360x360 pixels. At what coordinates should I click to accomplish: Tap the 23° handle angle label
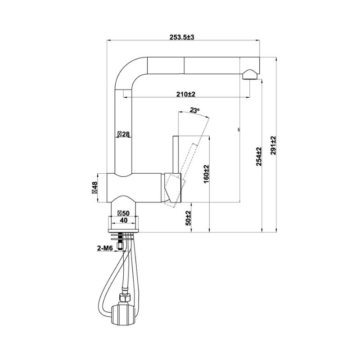pos(194,110)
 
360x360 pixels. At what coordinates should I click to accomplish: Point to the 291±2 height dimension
pos(273,145)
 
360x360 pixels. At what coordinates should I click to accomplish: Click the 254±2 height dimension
pos(258,157)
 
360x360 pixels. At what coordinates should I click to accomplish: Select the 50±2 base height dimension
pos(189,218)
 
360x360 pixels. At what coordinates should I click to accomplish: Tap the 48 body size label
pos(95,186)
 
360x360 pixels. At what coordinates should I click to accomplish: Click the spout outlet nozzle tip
pos(250,75)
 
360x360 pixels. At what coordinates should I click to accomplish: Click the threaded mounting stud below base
pos(120,241)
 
